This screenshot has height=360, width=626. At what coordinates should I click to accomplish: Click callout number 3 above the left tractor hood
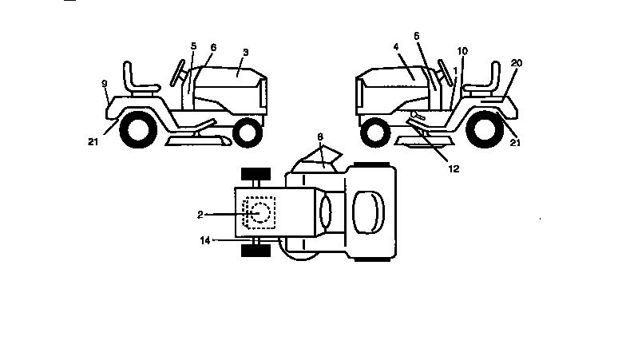246,53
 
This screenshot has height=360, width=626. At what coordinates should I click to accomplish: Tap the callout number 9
104,84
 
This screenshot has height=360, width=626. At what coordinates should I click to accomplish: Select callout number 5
193,46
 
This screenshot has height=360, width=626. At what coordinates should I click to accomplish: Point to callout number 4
396,47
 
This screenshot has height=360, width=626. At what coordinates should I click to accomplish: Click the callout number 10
462,51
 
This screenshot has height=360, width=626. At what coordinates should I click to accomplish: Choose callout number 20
516,63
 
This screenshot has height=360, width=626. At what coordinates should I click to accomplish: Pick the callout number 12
454,169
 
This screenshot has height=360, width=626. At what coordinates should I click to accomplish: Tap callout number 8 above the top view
319,137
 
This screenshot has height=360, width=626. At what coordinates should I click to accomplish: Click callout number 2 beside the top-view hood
200,215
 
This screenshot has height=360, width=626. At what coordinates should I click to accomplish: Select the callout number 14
204,240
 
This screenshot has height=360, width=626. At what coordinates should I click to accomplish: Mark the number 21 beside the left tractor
93,142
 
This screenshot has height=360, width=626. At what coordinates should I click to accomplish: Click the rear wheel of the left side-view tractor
138,129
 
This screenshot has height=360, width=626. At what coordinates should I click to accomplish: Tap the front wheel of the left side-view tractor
248,133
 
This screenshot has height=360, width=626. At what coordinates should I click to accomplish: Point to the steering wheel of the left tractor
177,73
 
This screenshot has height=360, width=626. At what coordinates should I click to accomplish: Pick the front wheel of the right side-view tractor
375,133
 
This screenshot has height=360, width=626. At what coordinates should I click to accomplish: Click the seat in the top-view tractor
369,212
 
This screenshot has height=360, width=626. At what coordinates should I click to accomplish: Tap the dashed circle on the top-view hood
260,212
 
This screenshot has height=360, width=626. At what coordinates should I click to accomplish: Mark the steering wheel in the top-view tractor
326,212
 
